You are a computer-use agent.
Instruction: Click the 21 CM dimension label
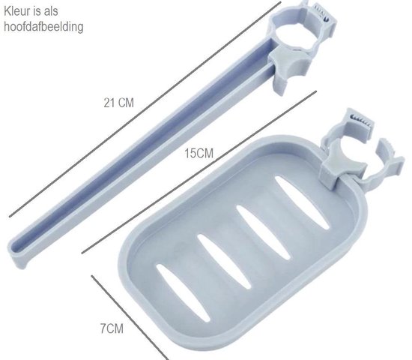[119, 103]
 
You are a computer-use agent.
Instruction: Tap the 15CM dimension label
[199, 154]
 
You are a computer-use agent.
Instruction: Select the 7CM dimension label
[112, 328]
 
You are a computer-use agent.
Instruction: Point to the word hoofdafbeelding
[43, 26]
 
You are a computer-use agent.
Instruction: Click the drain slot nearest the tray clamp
[302, 202]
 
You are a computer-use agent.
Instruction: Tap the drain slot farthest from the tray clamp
[183, 292]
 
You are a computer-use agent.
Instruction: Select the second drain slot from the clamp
[263, 232]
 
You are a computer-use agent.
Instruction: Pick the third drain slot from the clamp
[224, 262]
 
